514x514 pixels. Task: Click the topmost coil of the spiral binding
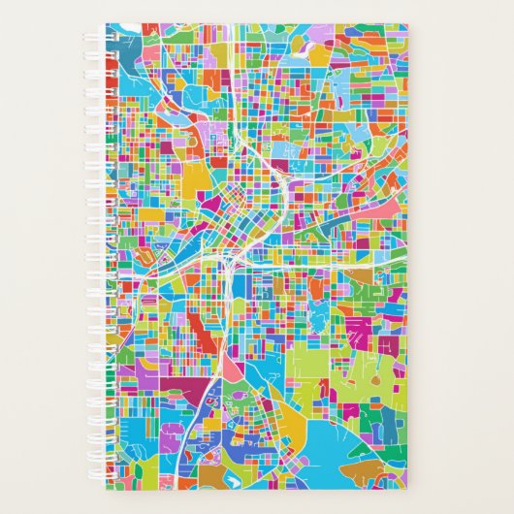107,32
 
